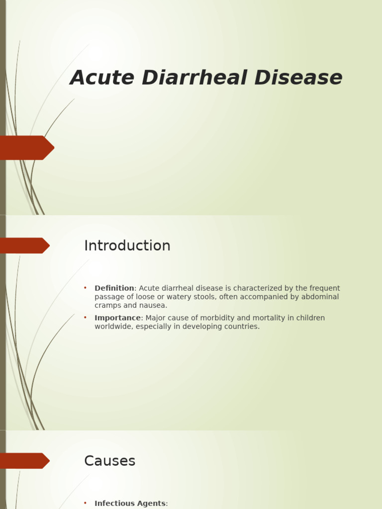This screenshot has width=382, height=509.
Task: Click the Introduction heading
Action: click(127, 246)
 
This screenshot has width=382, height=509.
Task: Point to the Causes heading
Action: click(109, 461)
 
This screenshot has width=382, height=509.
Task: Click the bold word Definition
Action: click(114, 288)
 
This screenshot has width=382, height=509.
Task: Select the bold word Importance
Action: click(118, 318)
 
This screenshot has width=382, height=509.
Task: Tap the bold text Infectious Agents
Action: click(130, 504)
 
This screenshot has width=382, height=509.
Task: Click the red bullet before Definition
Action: click(85, 288)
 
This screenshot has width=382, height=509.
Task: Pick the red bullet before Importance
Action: click(85, 318)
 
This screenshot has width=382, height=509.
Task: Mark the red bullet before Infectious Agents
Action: click(85, 503)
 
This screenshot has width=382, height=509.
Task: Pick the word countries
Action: click(243, 327)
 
